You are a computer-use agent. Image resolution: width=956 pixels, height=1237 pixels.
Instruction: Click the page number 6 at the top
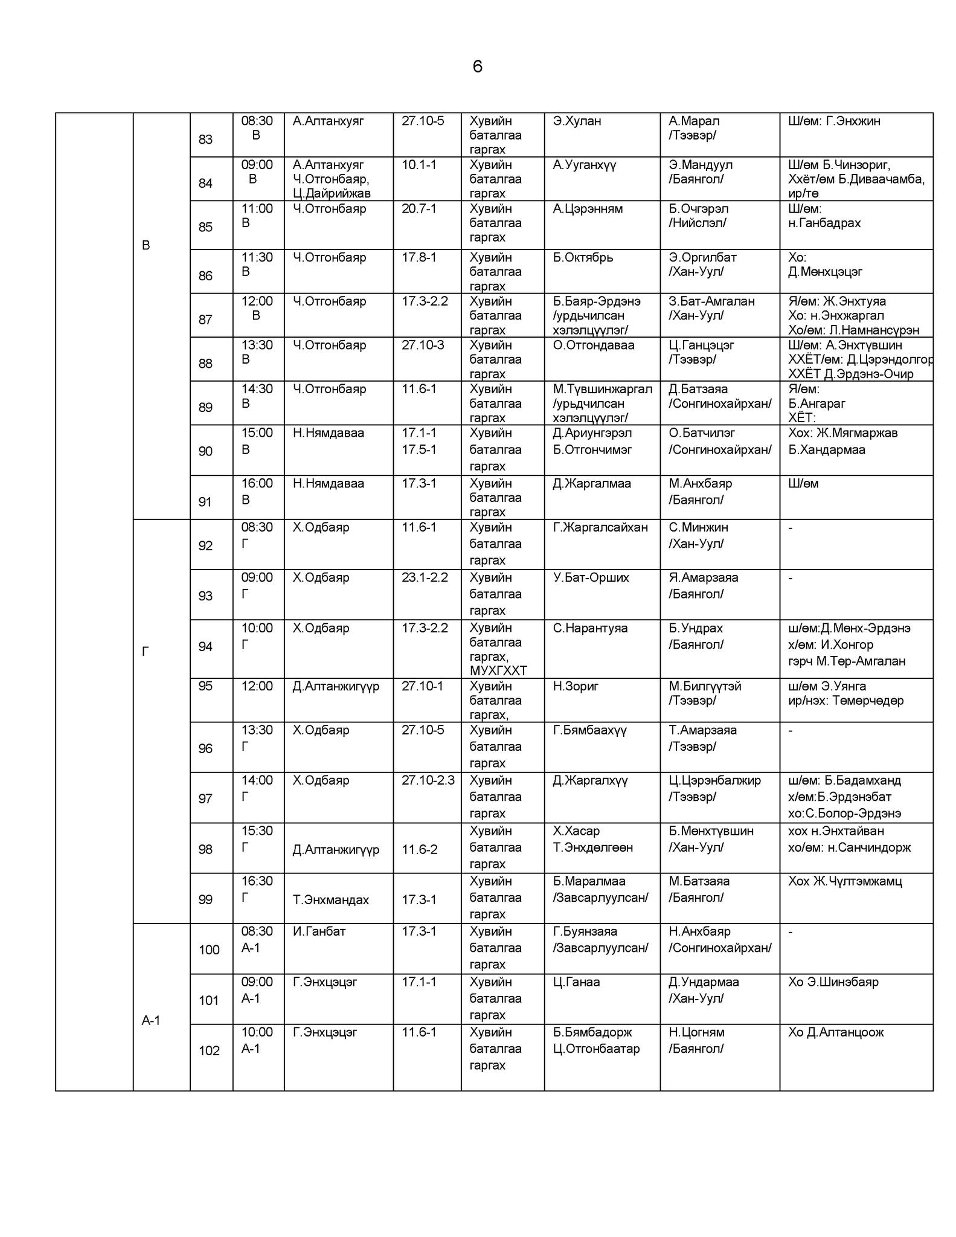[x=477, y=66]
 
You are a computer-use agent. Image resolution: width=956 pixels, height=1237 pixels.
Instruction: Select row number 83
[x=205, y=140]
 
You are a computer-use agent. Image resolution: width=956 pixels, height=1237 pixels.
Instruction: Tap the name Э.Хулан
[x=577, y=121]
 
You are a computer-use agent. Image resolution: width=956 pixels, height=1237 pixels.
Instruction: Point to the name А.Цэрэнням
[x=587, y=209]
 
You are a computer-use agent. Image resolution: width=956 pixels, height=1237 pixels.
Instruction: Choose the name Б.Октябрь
[x=582, y=257]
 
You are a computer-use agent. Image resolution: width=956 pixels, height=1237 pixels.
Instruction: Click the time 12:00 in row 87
[x=257, y=301]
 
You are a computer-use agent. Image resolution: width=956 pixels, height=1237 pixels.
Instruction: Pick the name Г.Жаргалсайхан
[x=600, y=527]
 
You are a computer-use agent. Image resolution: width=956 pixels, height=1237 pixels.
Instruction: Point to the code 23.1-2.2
[x=425, y=577]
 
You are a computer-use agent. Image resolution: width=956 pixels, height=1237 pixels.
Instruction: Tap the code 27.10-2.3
[x=428, y=780]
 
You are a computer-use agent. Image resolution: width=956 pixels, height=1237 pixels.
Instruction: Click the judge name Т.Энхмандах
[x=330, y=900]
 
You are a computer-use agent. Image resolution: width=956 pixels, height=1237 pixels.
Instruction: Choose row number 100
[x=209, y=949]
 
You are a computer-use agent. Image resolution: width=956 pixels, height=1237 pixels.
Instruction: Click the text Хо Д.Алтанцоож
[x=835, y=1032]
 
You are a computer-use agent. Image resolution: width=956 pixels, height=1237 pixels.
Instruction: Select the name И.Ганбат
[x=319, y=931]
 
